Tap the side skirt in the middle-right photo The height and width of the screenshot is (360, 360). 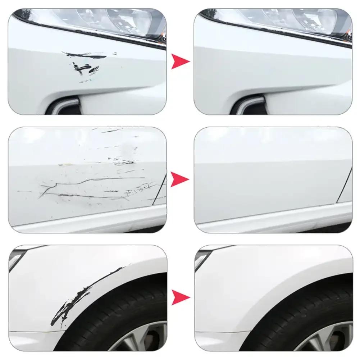[x=273, y=225]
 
